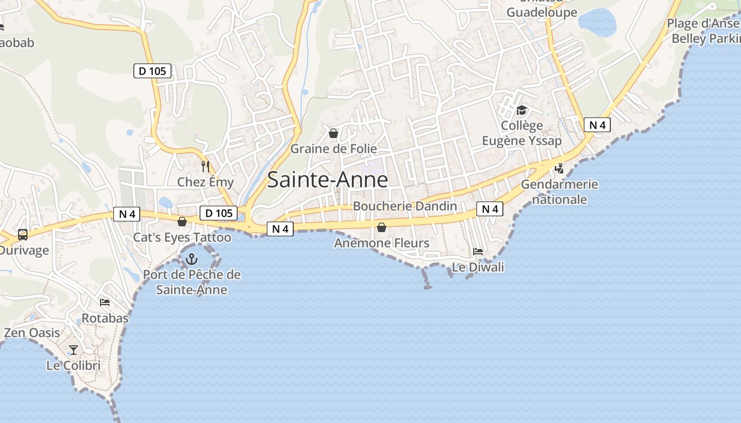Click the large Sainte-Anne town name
click(x=328, y=180)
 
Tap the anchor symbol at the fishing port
click(x=191, y=259)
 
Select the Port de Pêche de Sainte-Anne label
click(x=192, y=282)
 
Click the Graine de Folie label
click(x=333, y=149)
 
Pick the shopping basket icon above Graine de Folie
click(x=333, y=133)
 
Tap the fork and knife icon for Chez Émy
click(x=205, y=167)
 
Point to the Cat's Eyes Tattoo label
click(x=182, y=237)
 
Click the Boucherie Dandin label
click(x=405, y=206)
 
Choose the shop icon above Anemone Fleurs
click(x=382, y=228)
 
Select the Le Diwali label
click(x=478, y=268)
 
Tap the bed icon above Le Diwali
click(x=478, y=252)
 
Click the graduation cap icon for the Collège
click(x=522, y=111)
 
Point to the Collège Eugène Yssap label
click(x=522, y=133)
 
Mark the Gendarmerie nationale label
click(x=559, y=192)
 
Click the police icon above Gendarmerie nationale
click(x=559, y=169)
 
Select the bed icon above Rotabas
click(x=105, y=302)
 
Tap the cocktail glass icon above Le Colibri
click(x=74, y=350)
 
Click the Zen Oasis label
click(x=32, y=333)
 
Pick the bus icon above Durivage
click(x=23, y=235)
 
